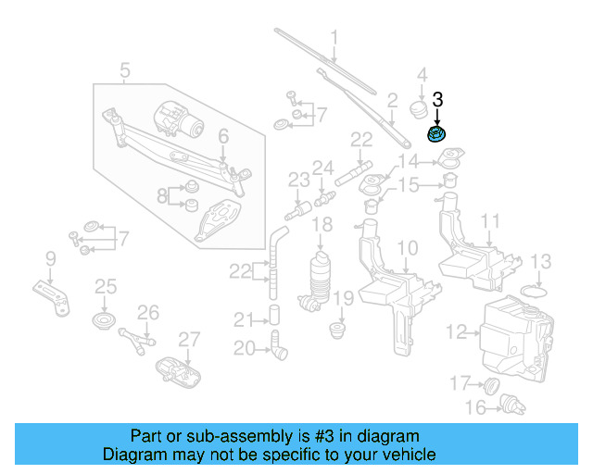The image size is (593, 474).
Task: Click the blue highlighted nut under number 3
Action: (436, 135)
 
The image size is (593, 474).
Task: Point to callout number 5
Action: (125, 69)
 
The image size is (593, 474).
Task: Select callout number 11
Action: (490, 221)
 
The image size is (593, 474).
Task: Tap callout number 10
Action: (408, 247)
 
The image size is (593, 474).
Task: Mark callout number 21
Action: (243, 320)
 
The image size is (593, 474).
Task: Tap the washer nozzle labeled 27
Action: (182, 368)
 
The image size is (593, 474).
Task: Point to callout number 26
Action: (148, 312)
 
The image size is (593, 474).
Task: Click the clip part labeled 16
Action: (507, 403)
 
